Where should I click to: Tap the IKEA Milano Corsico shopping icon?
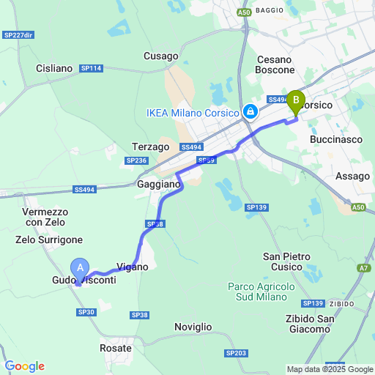tap(250, 112)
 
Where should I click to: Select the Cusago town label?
tap(161, 56)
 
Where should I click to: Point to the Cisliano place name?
tap(54, 68)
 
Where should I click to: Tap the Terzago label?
tap(150, 146)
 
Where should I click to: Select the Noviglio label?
tap(193, 326)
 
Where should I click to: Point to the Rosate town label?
tap(115, 349)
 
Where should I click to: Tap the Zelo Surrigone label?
tap(49, 240)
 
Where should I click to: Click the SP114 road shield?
tap(92, 68)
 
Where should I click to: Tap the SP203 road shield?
tap(237, 353)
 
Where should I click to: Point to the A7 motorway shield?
tap(364, 268)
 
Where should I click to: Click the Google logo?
tap(24, 366)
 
